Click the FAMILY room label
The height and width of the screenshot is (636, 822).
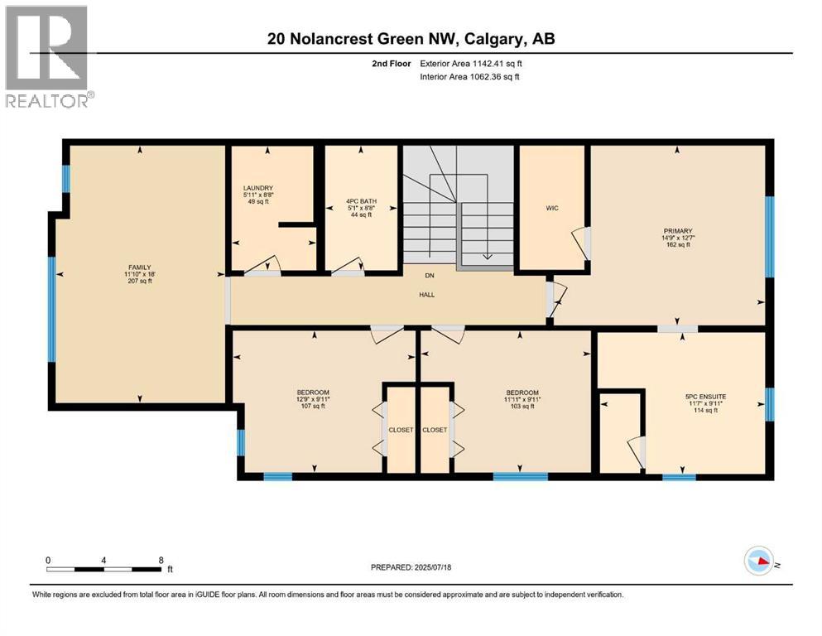coord(137,267)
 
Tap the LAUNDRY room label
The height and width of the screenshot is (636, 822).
coord(258,188)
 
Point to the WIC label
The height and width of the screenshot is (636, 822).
coord(552,208)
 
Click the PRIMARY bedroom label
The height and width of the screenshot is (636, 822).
coord(677,231)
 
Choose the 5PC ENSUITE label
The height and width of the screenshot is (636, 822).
coord(705,397)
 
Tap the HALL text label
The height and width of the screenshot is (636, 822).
coord(427,294)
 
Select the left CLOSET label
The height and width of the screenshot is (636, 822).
coord(401,430)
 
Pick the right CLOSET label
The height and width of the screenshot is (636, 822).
coord(435,430)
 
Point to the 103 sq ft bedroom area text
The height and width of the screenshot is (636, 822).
coord(522,407)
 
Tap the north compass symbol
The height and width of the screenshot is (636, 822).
coord(759,562)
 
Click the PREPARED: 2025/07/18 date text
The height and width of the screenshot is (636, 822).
coord(411,567)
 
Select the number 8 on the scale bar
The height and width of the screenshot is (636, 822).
coord(160,560)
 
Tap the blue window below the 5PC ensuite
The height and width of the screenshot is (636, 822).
coord(679,477)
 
